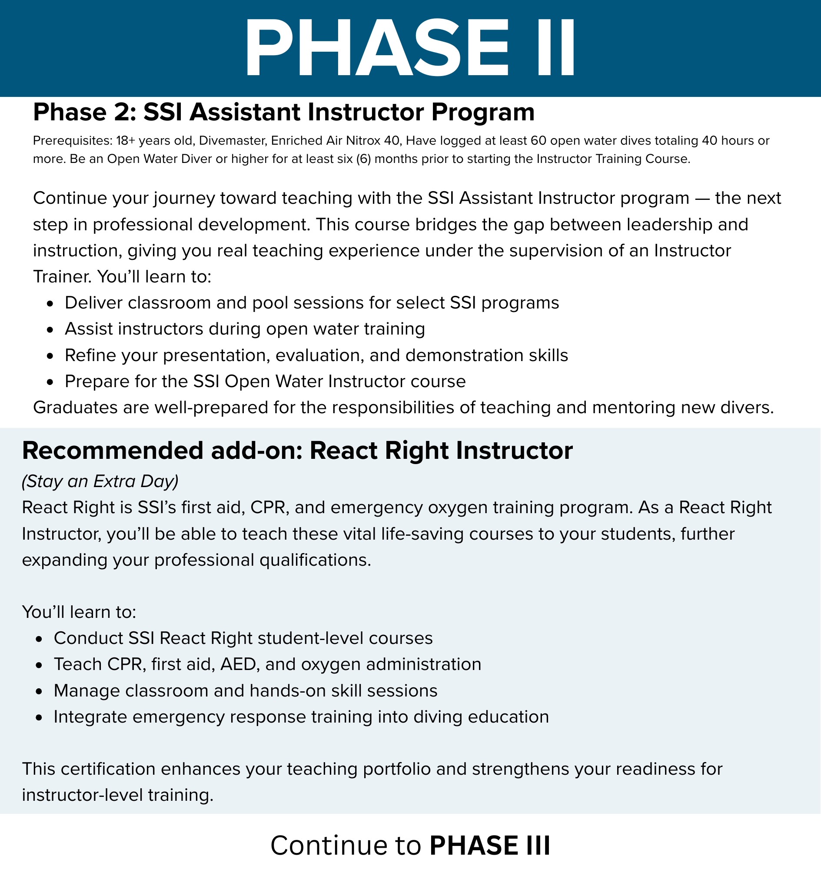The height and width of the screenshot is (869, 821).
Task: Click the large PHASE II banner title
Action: pyautogui.click(x=409, y=48)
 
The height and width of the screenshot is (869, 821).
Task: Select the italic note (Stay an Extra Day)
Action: pyautogui.click(x=100, y=481)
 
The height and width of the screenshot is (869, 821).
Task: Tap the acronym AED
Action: pyautogui.click(x=238, y=664)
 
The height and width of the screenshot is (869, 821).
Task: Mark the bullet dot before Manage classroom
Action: pyautogui.click(x=39, y=692)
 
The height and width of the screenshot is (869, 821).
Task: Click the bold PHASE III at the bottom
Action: pyautogui.click(x=489, y=845)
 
